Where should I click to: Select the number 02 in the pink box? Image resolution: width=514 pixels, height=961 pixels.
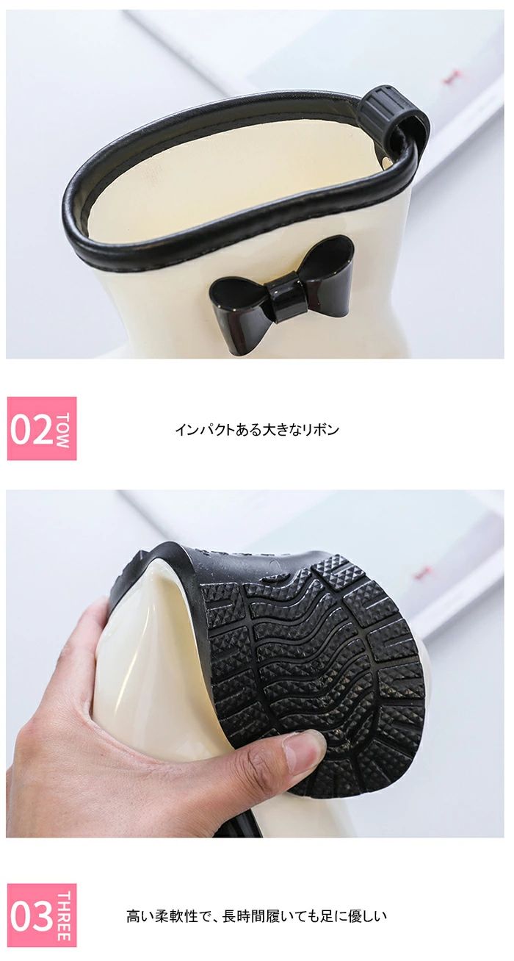32,428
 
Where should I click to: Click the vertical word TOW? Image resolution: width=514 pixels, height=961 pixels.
63,429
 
